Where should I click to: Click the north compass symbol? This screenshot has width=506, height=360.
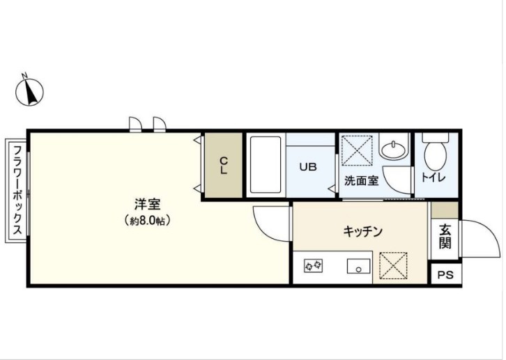tap(30, 91)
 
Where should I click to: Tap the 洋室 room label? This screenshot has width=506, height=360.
tap(148, 205)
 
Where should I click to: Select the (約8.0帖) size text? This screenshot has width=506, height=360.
tap(148, 220)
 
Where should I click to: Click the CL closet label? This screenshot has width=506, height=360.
tap(224, 166)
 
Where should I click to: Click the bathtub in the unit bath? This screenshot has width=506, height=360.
tap(266, 166)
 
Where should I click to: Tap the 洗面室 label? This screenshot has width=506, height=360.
tap(361, 181)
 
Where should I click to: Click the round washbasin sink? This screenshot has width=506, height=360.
tap(392, 150)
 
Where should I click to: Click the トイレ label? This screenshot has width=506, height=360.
tap(433, 178)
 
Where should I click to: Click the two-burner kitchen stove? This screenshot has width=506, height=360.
tap(314, 265)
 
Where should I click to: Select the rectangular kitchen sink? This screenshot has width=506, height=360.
tap(360, 265)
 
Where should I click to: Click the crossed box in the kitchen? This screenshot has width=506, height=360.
tap(392, 265)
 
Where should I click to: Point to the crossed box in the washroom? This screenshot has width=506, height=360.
tap(358, 150)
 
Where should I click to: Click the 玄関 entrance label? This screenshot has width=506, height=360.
tap(445, 236)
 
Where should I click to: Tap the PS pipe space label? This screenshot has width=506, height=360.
tap(445, 275)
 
